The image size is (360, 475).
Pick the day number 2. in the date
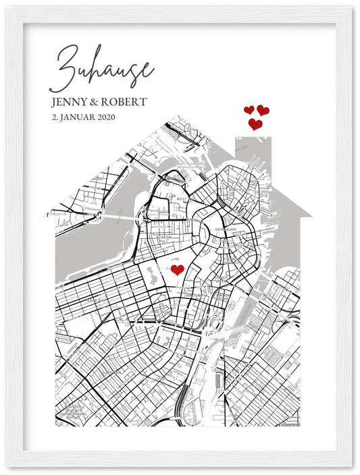pyautogui.click(x=54, y=117)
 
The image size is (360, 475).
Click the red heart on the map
pyautogui.click(x=177, y=270)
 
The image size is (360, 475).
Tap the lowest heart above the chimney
pyautogui.click(x=255, y=124)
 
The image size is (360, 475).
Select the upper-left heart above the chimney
pyautogui.click(x=249, y=110)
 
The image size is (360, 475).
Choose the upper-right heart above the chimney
pyautogui.click(x=263, y=110)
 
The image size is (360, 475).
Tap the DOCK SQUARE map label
pyautogui.click(x=224, y=229)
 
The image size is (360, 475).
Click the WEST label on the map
pyautogui.click(x=182, y=200)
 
